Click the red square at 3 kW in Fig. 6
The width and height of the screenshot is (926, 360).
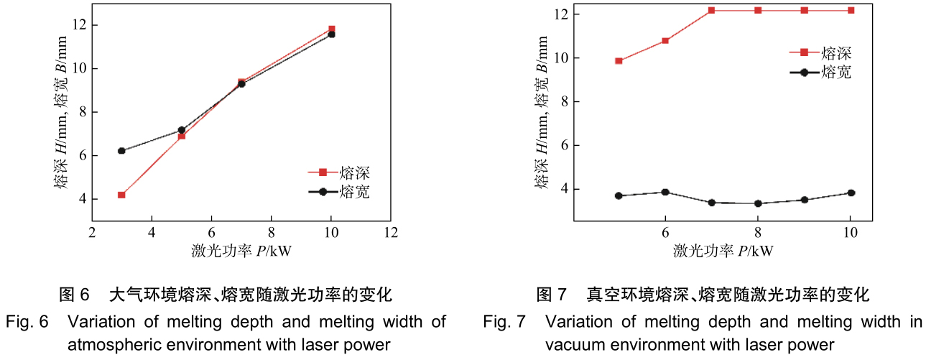121,195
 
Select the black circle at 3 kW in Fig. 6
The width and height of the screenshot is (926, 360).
121,151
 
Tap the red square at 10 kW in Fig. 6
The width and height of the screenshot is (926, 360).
331,29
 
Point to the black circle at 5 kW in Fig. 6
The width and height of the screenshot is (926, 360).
182,130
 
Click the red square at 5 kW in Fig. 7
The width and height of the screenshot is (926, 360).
619,61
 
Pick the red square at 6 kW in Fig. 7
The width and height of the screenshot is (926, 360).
665,40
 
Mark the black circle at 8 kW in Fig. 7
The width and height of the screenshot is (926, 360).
758,203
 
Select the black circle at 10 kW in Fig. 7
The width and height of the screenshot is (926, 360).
851,193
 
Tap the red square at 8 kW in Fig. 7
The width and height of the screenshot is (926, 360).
758,10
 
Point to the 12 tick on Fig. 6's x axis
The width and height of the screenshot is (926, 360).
391,233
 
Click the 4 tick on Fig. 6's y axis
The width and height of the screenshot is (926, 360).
81,199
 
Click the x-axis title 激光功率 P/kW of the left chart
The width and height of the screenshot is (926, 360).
241,250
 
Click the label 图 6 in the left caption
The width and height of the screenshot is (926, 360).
73,295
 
